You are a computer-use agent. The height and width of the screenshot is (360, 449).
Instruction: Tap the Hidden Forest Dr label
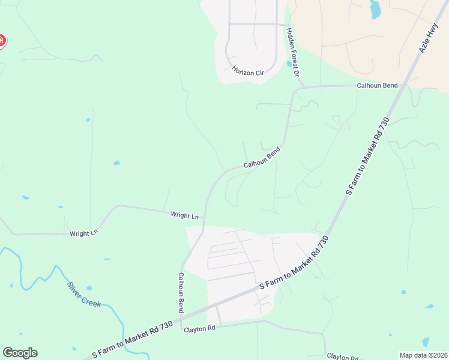point(292,53)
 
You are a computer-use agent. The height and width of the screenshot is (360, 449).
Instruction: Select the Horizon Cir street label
point(248,71)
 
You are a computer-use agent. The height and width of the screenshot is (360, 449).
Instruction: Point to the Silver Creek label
point(84,294)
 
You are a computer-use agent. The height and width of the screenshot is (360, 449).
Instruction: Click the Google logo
point(20,353)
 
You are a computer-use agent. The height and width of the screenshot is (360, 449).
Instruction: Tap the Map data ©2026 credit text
point(423,355)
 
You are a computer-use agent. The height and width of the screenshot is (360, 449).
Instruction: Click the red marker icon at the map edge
point(1,41)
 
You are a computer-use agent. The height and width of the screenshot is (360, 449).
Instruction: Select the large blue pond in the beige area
point(376,8)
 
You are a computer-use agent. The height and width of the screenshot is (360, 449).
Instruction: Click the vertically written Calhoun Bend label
point(180,292)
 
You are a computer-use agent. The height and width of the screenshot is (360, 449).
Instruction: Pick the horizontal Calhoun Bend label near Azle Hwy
point(378,85)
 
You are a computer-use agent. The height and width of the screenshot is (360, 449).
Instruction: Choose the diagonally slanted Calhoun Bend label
point(262,157)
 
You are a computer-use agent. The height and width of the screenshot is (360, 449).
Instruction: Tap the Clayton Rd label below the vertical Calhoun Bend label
point(199,329)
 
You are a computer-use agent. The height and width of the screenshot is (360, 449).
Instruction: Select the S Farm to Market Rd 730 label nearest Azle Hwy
point(368,155)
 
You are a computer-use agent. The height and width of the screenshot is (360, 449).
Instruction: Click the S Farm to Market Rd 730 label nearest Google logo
point(133,339)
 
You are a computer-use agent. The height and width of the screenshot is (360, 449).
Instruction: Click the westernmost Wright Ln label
point(83,233)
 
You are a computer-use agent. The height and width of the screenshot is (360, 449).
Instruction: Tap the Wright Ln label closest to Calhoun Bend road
point(184,215)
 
